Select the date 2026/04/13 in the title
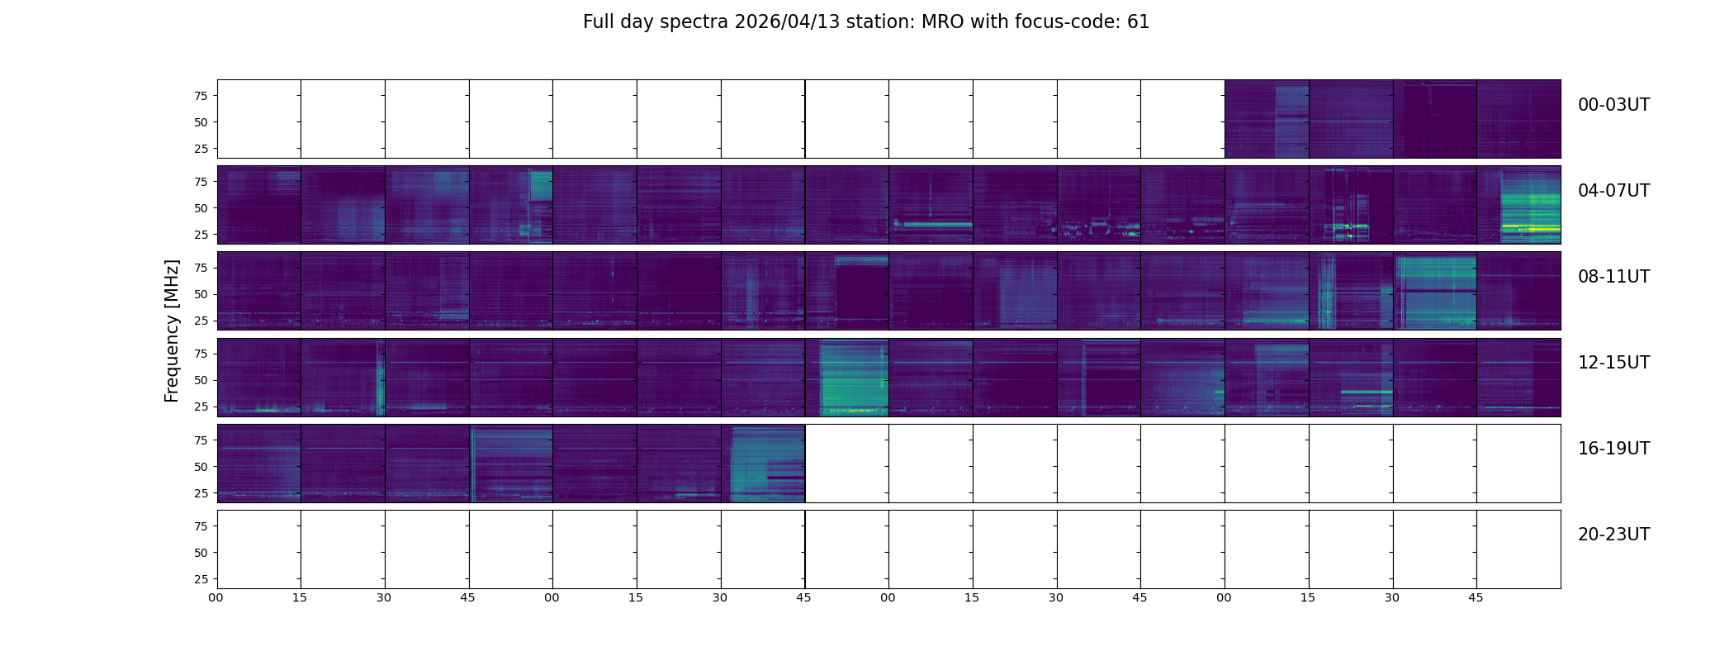(x=787, y=22)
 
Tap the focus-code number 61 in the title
(x=1138, y=22)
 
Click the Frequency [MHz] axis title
(x=172, y=330)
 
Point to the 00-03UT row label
(x=1613, y=105)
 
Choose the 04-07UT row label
(x=1613, y=191)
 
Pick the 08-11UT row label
(x=1613, y=277)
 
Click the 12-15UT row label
(x=1613, y=363)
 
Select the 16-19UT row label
(x=1613, y=449)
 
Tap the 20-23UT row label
(x=1613, y=535)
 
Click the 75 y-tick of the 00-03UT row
(x=201, y=96)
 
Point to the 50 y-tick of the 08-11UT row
(x=201, y=294)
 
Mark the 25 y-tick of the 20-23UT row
(x=201, y=579)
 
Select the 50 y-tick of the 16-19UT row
(x=201, y=467)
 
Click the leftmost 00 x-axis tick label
(x=216, y=597)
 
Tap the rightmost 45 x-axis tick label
(x=1476, y=597)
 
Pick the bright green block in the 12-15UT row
(x=850, y=376)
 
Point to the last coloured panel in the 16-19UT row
(x=763, y=464)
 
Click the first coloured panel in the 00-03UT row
(x=1267, y=119)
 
